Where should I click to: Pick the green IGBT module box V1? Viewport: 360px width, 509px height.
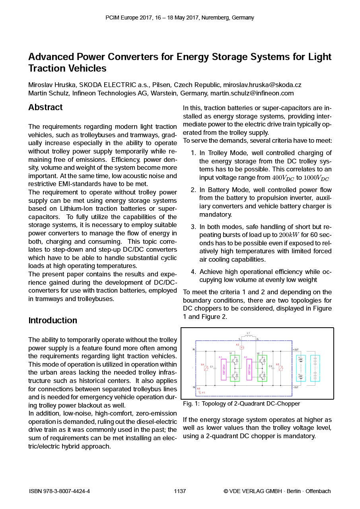[x=235, y=368]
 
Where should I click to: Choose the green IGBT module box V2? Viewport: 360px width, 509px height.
[x=262, y=368]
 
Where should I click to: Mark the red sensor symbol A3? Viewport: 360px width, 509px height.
[x=241, y=347]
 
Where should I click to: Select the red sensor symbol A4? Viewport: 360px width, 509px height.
[x=206, y=368]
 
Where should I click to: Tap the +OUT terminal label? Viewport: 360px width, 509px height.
[x=296, y=350]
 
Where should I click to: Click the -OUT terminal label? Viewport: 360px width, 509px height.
[x=296, y=387]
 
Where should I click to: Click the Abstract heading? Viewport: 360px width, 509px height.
[x=45, y=107]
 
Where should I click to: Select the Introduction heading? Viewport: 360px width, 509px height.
[x=53, y=321]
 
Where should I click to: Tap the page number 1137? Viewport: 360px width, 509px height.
[x=180, y=491]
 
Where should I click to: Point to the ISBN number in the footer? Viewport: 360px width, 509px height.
[x=59, y=491]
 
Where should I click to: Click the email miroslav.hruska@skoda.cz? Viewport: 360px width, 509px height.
[x=262, y=85]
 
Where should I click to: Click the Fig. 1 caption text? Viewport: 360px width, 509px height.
[x=241, y=404]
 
